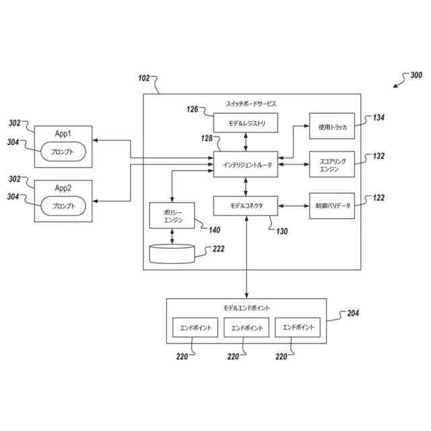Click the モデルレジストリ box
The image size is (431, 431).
click(x=245, y=123)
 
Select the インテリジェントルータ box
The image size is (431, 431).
click(x=245, y=164)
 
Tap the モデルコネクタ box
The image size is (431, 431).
click(x=245, y=205)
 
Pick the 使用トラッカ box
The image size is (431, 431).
click(x=332, y=126)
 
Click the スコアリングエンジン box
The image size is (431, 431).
click(x=332, y=164)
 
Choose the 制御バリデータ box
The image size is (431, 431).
click(x=332, y=206)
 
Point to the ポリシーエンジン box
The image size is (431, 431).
click(x=172, y=215)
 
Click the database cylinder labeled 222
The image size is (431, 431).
click(x=172, y=254)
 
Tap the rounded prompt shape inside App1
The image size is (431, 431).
click(x=63, y=152)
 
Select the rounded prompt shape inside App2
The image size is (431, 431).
click(x=63, y=206)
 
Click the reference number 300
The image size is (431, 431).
click(x=416, y=75)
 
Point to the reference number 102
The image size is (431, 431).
click(x=143, y=78)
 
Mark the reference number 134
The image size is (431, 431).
click(x=378, y=118)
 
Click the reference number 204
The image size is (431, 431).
click(x=353, y=313)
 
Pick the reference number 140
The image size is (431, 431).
click(x=214, y=230)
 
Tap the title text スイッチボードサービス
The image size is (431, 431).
click(x=251, y=104)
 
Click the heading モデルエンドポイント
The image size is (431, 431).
click(x=246, y=308)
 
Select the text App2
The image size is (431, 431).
click(x=63, y=188)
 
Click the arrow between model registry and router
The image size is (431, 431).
click(x=246, y=142)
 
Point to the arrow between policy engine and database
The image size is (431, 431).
click(x=172, y=236)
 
